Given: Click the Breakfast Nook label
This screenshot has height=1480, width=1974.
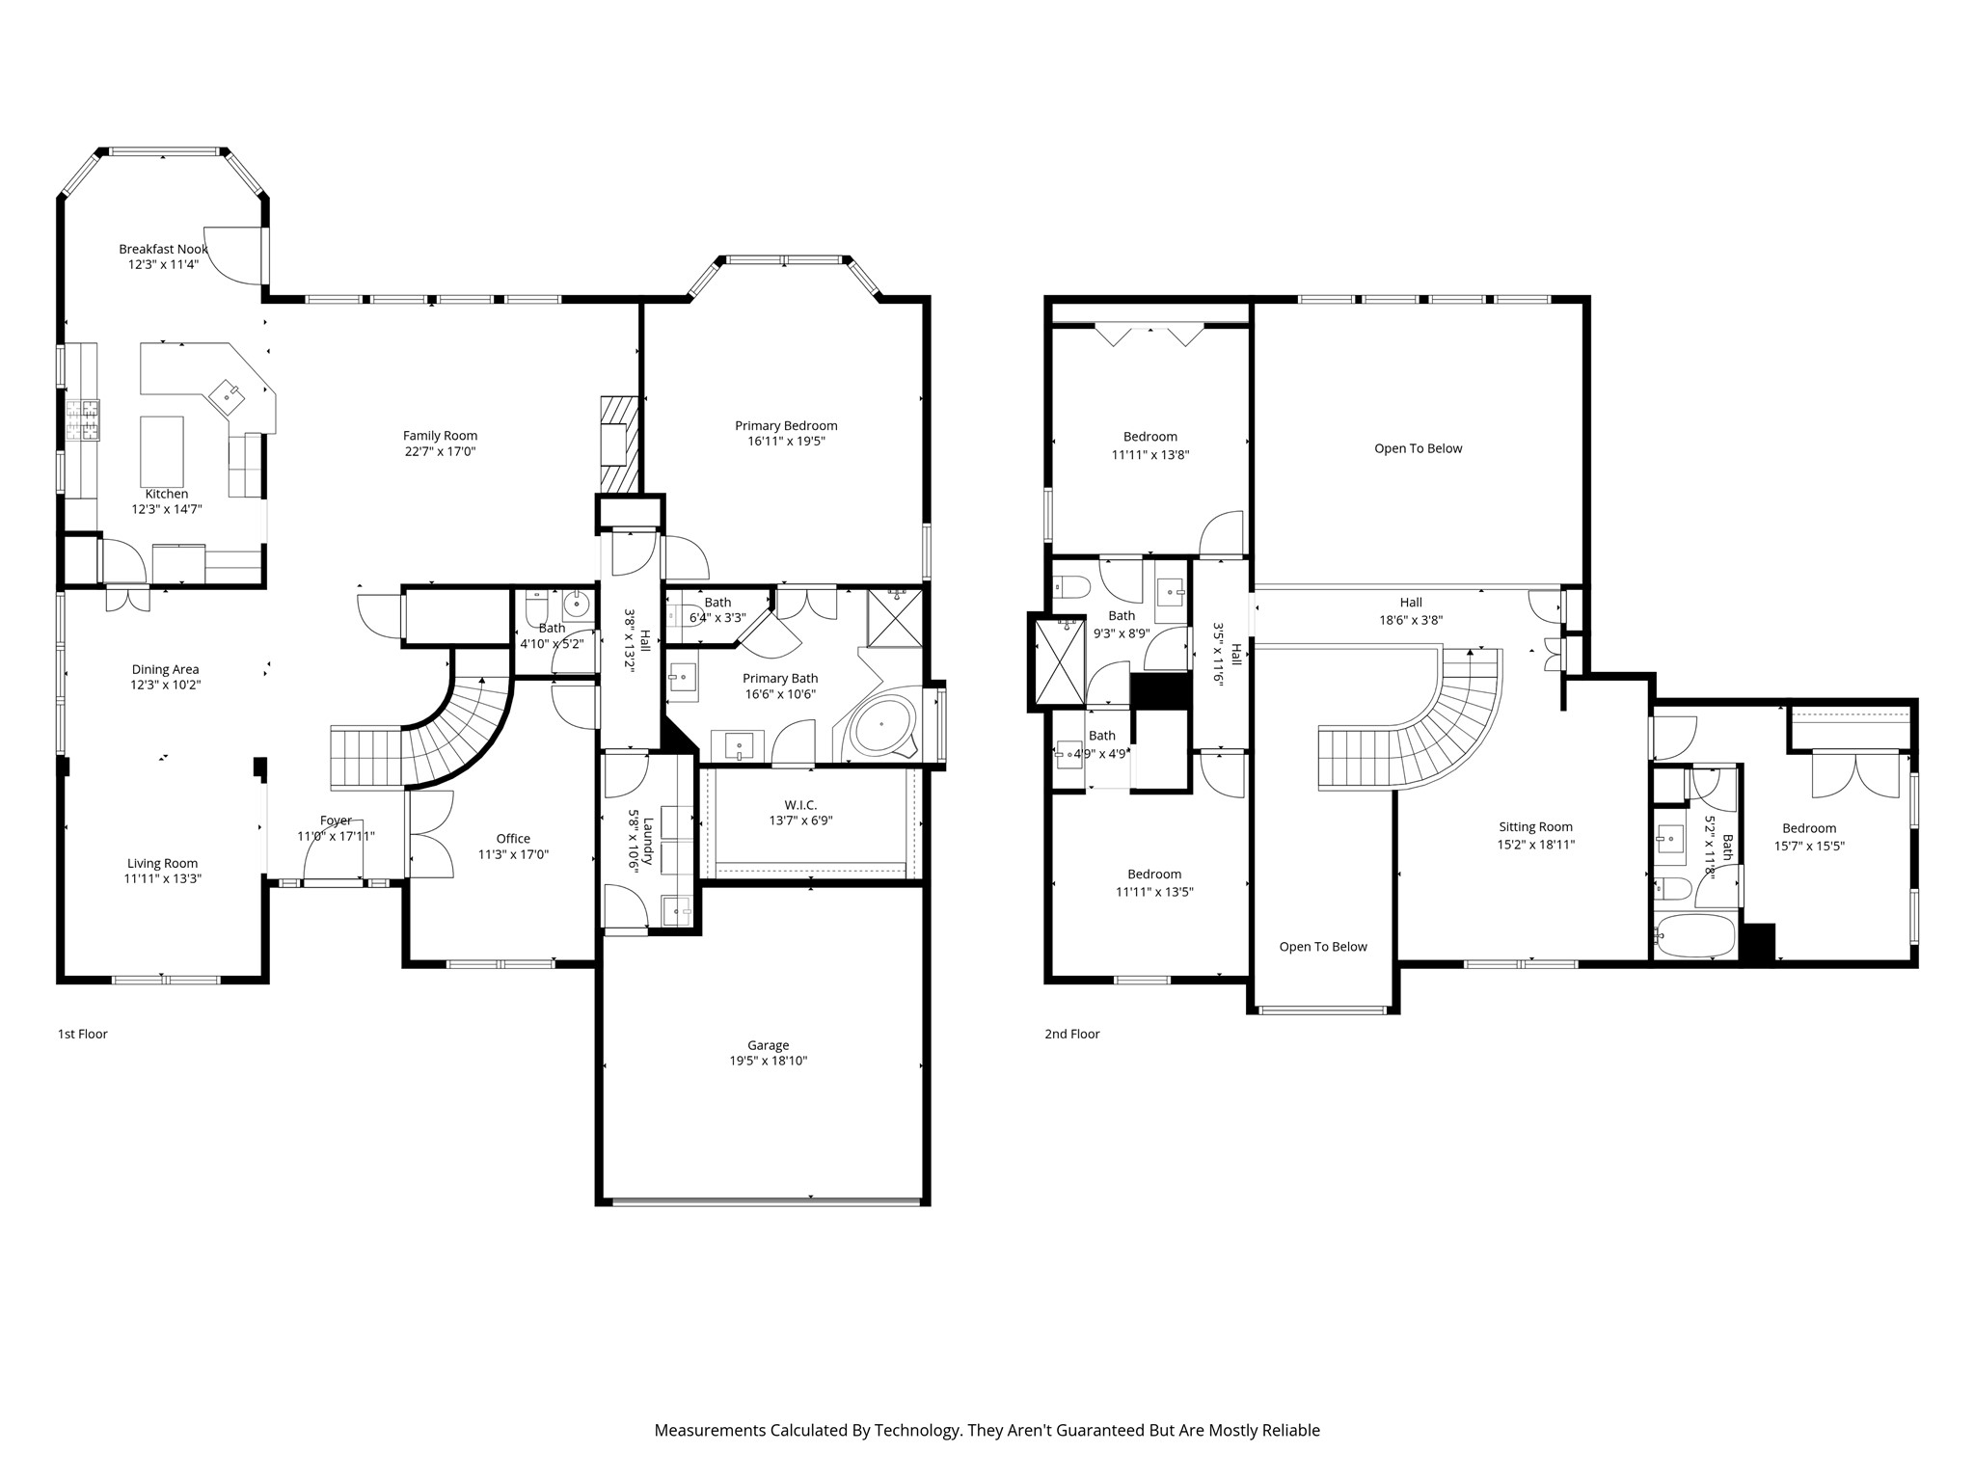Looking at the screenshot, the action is click(164, 249).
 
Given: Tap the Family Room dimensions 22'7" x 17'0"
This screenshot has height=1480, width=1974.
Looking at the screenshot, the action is click(440, 451).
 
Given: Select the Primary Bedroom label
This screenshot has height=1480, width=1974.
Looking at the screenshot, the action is click(786, 426).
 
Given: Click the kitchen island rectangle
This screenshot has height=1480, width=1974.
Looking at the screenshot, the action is click(162, 451).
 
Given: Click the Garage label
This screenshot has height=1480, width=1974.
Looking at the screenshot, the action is click(768, 1045).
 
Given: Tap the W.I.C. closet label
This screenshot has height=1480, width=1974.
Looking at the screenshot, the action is click(800, 805).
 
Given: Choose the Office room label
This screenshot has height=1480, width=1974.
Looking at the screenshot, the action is click(513, 839).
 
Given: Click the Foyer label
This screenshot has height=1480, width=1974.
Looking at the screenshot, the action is click(336, 821).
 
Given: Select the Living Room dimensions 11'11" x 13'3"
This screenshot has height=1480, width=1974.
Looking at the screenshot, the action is click(162, 879).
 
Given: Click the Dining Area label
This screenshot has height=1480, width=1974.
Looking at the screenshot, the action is click(165, 669).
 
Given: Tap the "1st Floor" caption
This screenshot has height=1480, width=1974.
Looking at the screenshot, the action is click(83, 1034).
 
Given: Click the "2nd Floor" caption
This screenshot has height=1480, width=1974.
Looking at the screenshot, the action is click(1071, 1034).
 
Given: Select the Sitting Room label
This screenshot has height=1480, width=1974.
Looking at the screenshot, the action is click(1535, 827).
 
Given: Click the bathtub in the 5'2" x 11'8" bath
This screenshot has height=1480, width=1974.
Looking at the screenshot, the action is click(1694, 935).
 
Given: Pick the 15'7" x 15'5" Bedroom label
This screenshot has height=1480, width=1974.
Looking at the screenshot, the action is click(1809, 828).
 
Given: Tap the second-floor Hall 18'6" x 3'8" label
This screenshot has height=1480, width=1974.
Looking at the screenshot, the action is click(1411, 603).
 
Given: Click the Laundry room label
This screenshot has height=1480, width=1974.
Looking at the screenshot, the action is click(648, 841).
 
